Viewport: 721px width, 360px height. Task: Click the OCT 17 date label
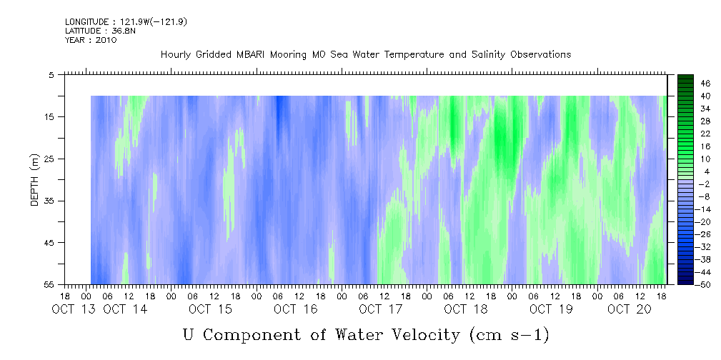click(380, 309)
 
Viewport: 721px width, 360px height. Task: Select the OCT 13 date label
click(74, 309)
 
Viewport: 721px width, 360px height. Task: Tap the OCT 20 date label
click(630, 309)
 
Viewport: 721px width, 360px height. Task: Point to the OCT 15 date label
click(210, 309)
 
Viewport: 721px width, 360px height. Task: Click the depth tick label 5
click(51, 75)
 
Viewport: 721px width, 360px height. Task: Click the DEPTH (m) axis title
click(35, 180)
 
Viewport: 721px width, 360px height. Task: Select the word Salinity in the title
click(489, 55)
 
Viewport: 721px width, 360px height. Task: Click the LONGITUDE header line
click(126, 21)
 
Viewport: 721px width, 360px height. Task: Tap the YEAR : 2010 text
click(91, 40)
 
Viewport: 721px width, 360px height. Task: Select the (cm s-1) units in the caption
click(509, 335)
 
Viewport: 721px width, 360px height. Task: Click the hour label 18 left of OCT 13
click(65, 296)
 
